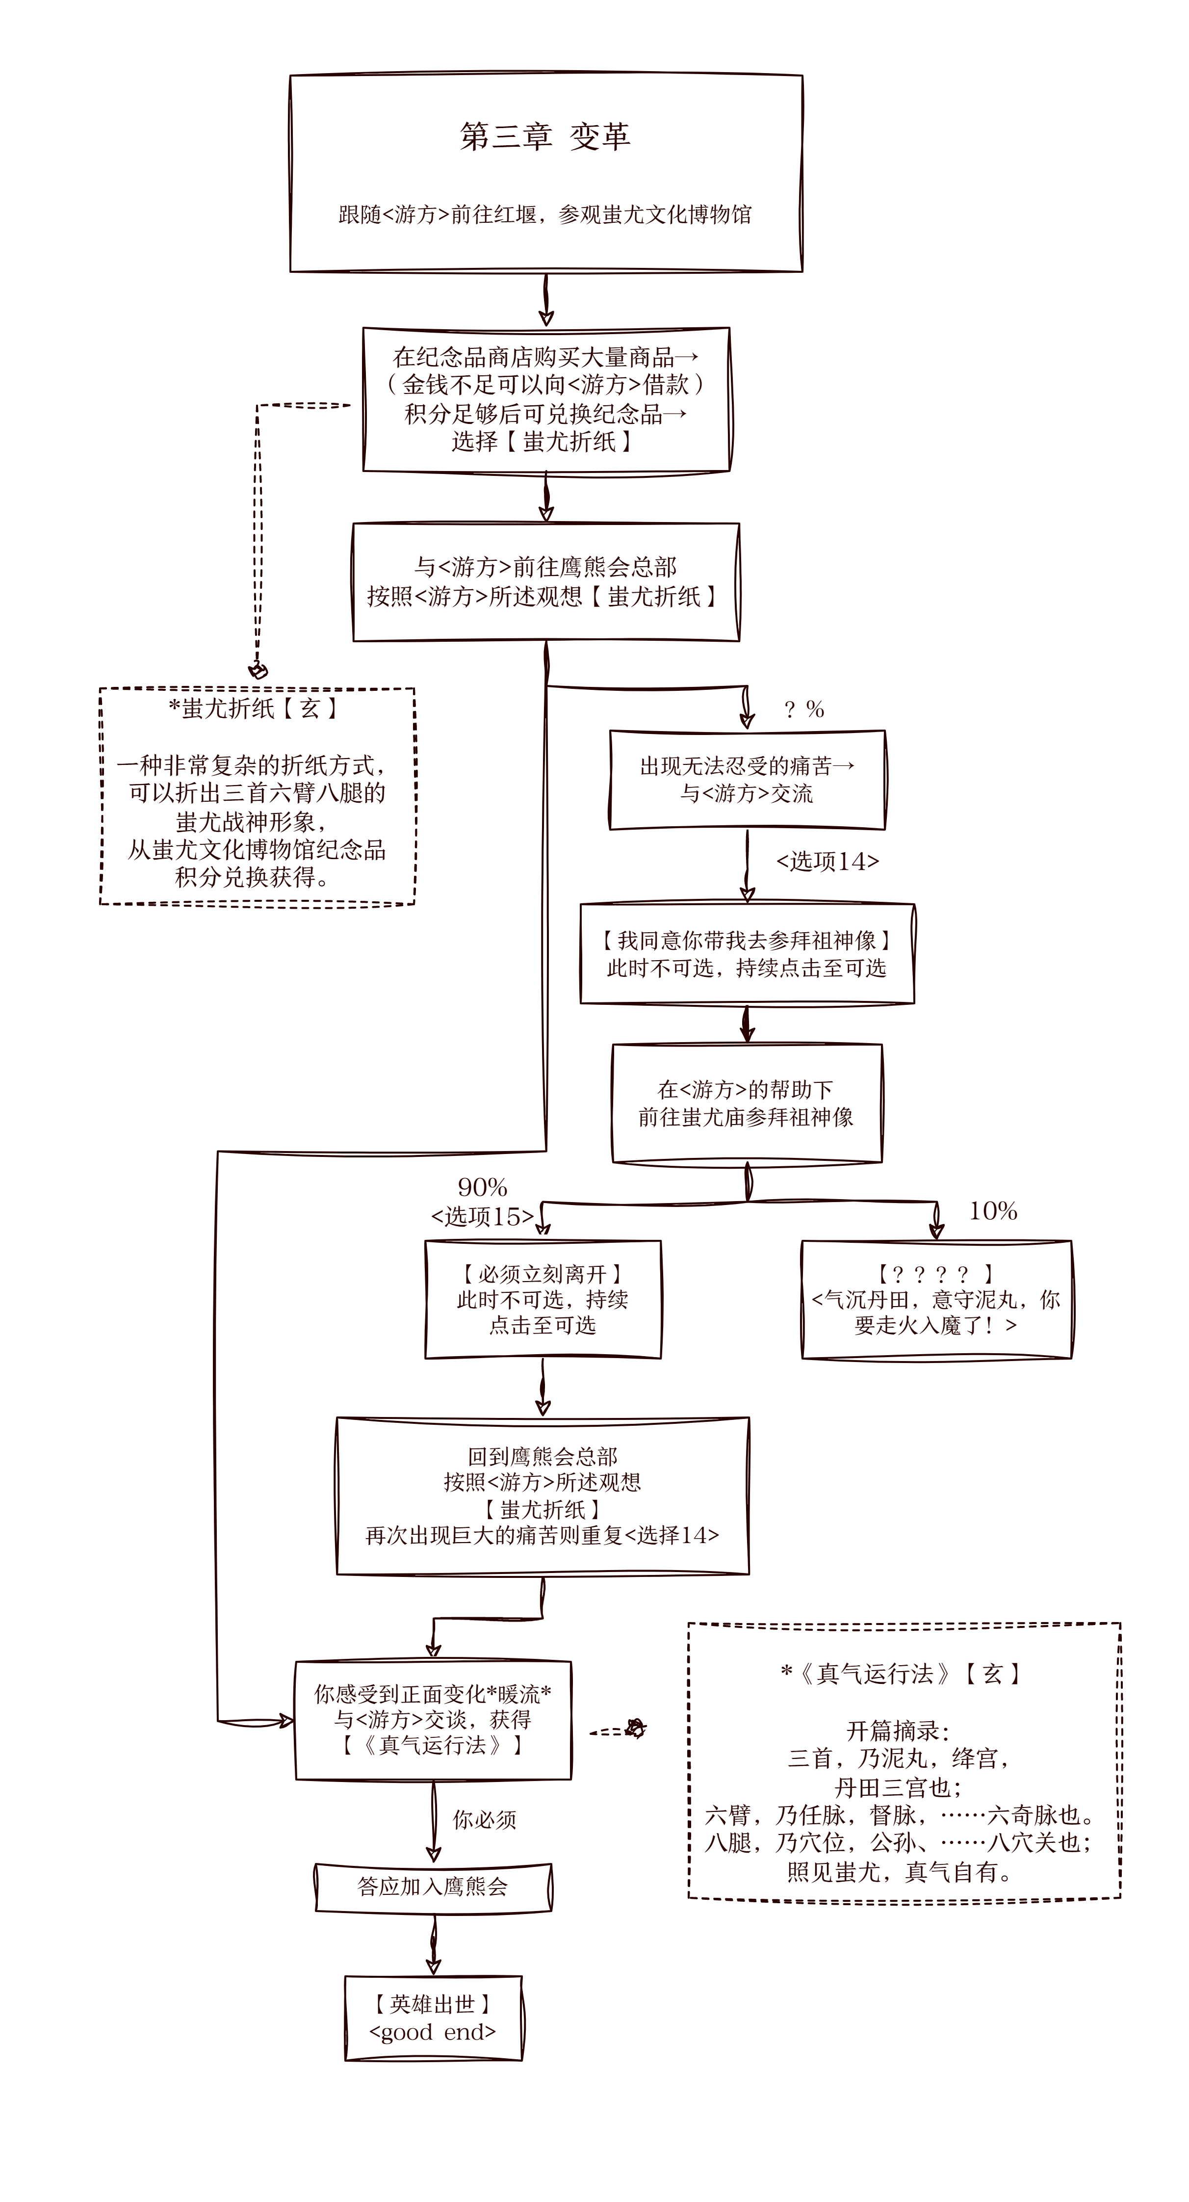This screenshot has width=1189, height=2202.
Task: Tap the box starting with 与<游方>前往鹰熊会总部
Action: tap(545, 581)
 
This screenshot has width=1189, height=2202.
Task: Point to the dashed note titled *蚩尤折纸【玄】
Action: tap(257, 795)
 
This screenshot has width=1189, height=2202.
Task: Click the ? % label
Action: tap(803, 709)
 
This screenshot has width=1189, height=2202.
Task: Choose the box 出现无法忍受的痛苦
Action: tap(746, 780)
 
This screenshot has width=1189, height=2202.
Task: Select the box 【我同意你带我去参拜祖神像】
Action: tap(746, 954)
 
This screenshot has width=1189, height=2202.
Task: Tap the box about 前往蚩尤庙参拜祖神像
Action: tap(746, 1102)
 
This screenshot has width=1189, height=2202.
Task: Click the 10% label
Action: tap(992, 1211)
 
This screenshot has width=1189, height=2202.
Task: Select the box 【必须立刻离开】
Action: tap(543, 1299)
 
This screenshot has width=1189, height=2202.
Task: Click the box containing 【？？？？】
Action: tap(936, 1299)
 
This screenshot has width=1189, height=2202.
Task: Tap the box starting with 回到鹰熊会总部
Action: tap(543, 1496)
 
